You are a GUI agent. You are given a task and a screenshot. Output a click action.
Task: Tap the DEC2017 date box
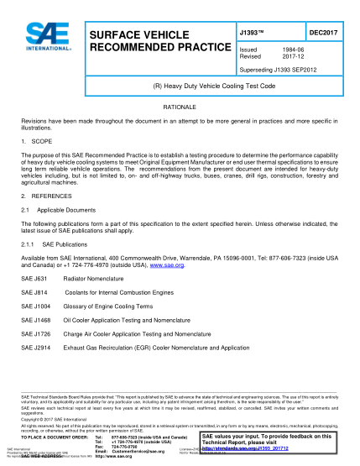pos(323,32)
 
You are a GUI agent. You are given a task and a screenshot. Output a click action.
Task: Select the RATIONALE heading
pos(180,109)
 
